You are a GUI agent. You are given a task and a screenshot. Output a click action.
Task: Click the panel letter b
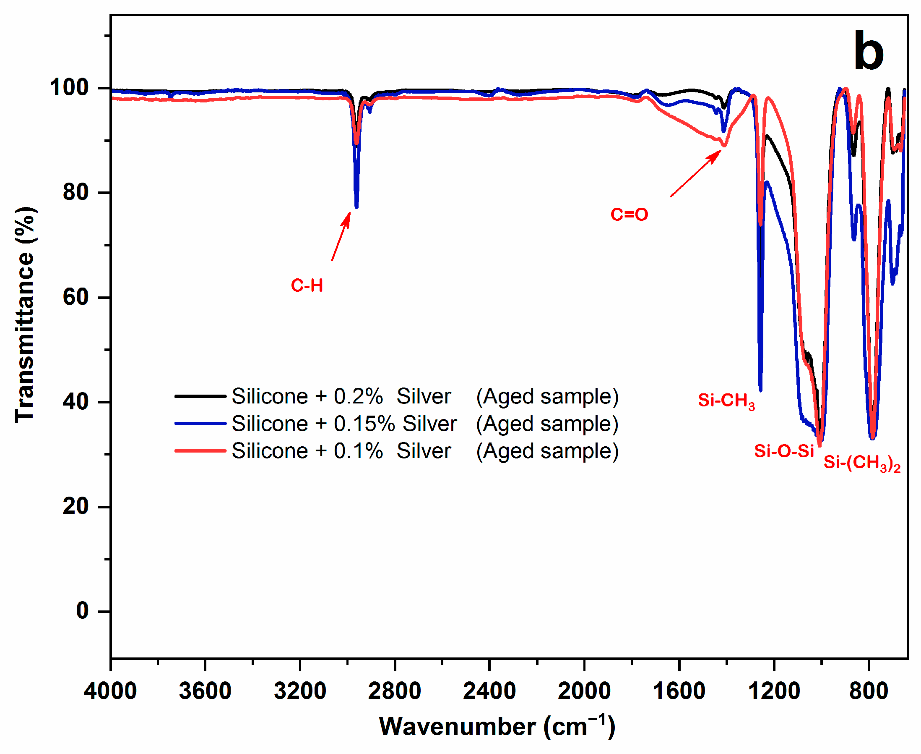click(869, 51)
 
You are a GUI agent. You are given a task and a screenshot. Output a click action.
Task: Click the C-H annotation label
click(307, 286)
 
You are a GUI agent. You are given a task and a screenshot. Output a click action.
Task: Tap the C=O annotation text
click(629, 215)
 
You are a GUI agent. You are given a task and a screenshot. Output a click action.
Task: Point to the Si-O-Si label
click(784, 451)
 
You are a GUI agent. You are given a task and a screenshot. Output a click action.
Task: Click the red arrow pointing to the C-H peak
click(341, 236)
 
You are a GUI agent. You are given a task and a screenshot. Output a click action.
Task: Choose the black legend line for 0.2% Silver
click(200, 396)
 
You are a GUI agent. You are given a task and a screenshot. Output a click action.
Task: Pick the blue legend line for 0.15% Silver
click(200, 424)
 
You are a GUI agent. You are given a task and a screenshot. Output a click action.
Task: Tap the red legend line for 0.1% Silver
click(200, 451)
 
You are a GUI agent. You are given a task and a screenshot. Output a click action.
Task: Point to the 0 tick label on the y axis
click(83, 611)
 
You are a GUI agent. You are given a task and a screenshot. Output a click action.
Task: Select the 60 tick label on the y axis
click(76, 298)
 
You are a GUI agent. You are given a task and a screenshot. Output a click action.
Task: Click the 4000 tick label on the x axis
click(110, 691)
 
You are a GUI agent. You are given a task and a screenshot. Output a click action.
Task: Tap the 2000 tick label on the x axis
click(584, 691)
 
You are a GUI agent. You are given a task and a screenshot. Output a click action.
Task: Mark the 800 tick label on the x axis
click(869, 691)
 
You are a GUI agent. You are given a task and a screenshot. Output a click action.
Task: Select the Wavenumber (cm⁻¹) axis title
click(497, 726)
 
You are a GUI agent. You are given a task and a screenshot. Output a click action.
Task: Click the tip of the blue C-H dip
click(356, 207)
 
